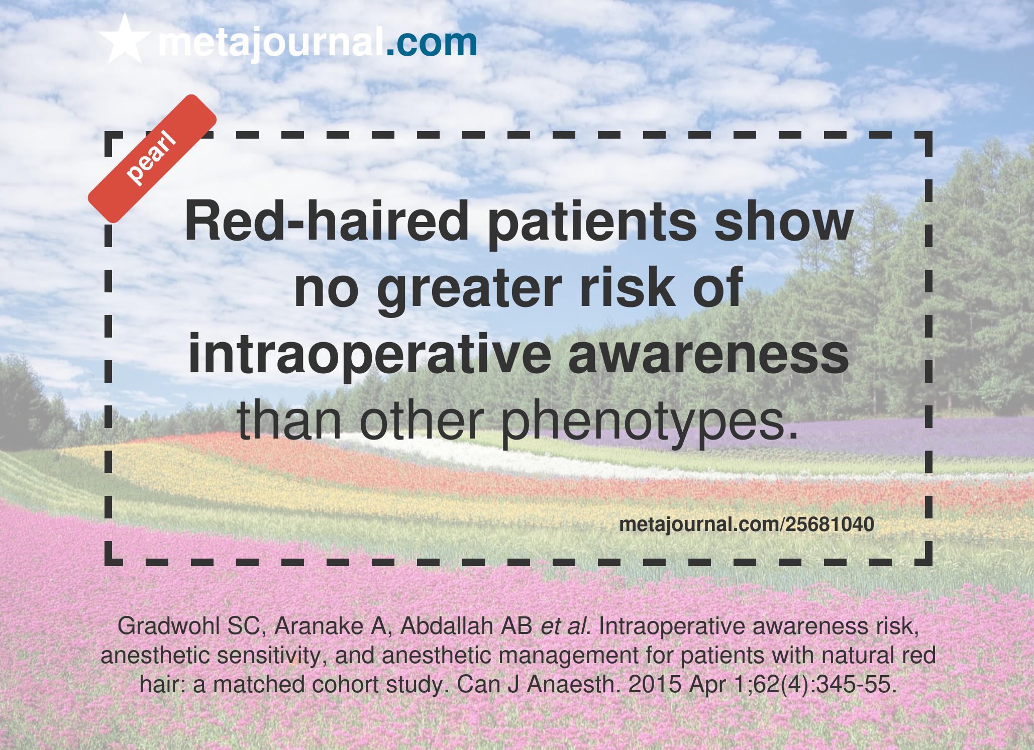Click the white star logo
[125, 39]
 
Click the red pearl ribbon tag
[152, 158]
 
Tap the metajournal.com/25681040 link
[747, 524]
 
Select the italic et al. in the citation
[565, 626]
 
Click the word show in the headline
[784, 222]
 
